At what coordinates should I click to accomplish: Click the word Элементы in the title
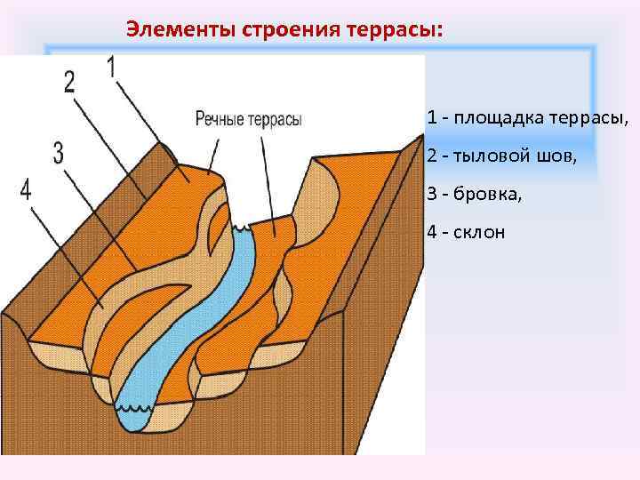point(172,28)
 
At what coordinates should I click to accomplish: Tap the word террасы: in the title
point(396,28)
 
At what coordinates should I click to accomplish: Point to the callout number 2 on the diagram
point(69,82)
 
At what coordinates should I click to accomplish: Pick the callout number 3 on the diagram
point(59,153)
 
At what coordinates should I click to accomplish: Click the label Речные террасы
point(248,118)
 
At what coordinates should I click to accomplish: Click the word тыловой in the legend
point(492,156)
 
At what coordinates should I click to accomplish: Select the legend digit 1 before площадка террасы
point(431,118)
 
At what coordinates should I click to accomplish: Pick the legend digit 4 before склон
point(431,233)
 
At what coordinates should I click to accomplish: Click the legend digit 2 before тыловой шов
point(431,156)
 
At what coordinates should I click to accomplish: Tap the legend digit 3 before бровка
point(431,195)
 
